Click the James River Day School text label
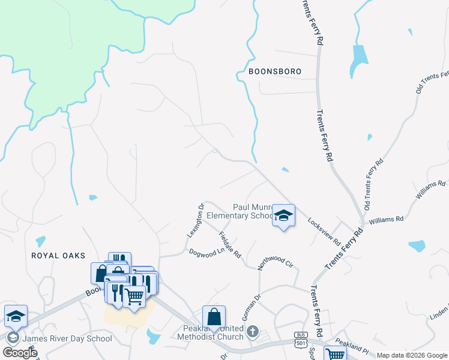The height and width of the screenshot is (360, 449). click(67, 338)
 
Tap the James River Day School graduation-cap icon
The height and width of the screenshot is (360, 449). click(16, 316)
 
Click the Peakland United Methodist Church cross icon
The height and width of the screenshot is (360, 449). click(253, 331)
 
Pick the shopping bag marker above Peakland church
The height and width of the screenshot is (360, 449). click(214, 317)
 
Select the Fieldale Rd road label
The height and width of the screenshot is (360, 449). click(230, 245)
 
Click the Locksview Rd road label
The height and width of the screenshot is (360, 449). click(324, 229)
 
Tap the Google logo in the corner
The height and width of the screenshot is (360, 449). click(20, 353)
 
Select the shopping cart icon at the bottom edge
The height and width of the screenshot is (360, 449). click(334, 354)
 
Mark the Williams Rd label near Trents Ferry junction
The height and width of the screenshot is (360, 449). click(386, 220)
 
